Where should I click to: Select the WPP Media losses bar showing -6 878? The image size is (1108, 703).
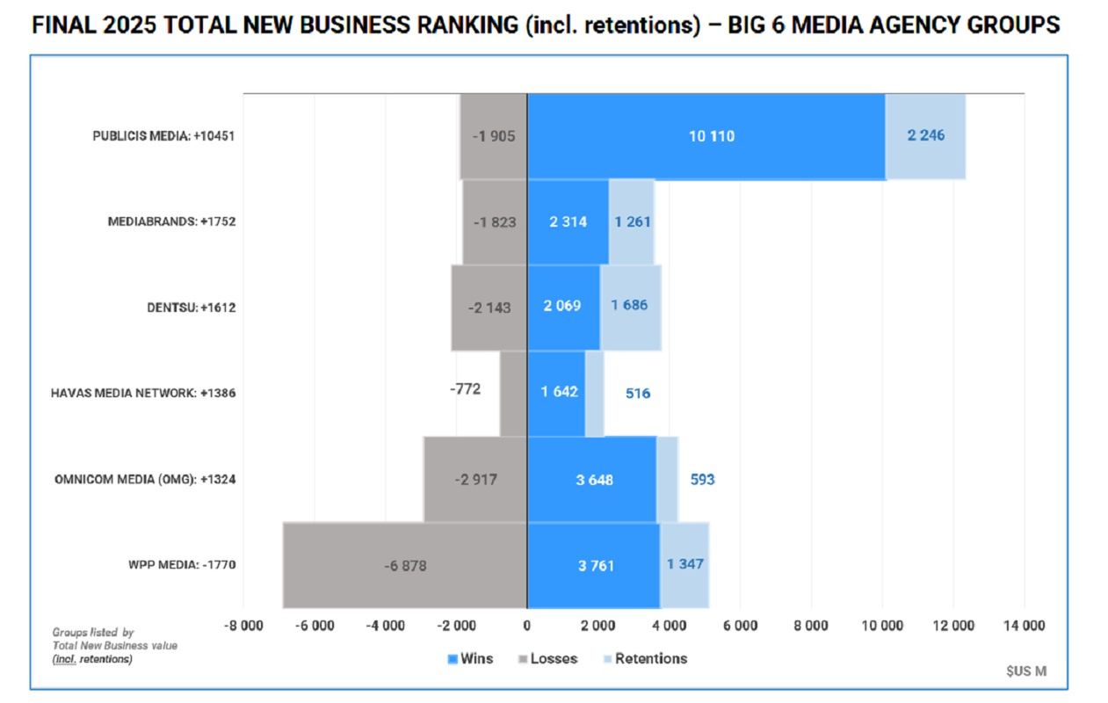[x=405, y=565]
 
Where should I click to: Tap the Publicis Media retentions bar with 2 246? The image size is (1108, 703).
[x=925, y=136]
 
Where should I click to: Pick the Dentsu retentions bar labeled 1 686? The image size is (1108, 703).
[x=630, y=307]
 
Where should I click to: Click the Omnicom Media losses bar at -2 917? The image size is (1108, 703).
[x=475, y=480]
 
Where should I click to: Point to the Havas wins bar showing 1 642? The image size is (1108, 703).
[x=556, y=392]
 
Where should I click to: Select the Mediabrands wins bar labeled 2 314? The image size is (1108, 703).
[x=568, y=221]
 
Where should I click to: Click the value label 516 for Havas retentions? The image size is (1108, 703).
[x=638, y=393]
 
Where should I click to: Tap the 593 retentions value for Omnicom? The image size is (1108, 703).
[x=702, y=480]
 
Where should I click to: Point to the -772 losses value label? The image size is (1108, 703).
[x=465, y=388]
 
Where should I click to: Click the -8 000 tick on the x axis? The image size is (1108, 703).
[x=243, y=626]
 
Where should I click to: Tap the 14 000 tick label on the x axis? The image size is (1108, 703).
[x=1024, y=626]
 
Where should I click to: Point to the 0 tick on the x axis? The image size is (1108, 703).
[x=527, y=626]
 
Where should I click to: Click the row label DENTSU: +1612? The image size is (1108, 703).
[x=191, y=308]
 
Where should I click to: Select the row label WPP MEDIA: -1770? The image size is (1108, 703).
[x=181, y=565]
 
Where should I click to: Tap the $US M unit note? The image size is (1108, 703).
[x=1026, y=671]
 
